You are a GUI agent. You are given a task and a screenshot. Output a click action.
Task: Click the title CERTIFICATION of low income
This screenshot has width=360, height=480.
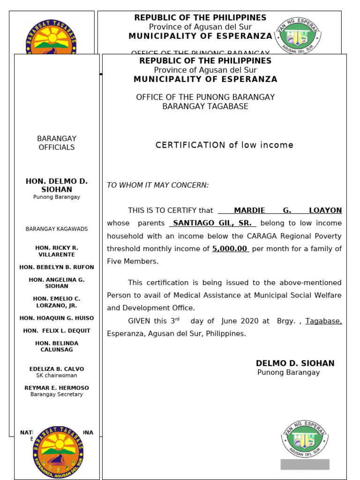coord(224,145)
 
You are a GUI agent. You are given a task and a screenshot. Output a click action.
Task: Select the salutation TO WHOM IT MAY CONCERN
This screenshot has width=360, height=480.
coord(157,185)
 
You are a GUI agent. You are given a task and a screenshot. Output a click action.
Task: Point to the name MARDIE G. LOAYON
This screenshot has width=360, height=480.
coord(287,210)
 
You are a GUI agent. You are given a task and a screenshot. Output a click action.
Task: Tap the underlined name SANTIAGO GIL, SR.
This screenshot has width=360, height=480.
coord(212,223)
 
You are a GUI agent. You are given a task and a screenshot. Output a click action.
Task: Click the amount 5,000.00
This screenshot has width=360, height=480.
coord(230,249)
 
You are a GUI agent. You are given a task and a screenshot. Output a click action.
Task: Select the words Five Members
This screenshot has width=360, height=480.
coord(133,262)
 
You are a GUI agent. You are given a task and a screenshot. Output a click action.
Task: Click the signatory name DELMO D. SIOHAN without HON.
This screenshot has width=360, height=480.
coord(295,363)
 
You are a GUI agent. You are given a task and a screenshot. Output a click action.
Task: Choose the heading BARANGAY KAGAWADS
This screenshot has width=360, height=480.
coord(57,229)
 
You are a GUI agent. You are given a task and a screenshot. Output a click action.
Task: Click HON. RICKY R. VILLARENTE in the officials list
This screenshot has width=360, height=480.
coord(57,251)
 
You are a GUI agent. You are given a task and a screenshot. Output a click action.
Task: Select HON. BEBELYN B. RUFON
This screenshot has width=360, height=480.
coord(57,267)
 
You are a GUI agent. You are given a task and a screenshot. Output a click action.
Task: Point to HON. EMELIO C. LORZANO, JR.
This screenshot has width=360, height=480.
coord(57,302)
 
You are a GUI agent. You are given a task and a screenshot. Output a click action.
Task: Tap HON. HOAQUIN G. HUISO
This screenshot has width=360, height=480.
coord(57,318)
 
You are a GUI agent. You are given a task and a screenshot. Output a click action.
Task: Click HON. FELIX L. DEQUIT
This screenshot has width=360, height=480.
coord(57,331)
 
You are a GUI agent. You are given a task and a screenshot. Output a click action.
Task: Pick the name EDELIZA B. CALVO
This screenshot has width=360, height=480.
coord(57,369)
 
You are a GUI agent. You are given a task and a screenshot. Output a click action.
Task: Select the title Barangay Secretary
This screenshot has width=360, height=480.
coord(57,395)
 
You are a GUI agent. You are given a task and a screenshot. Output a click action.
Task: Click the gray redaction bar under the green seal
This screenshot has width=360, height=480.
coord(305,464)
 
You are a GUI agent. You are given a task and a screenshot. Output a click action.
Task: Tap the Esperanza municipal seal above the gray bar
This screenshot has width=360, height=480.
coord(305,439)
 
